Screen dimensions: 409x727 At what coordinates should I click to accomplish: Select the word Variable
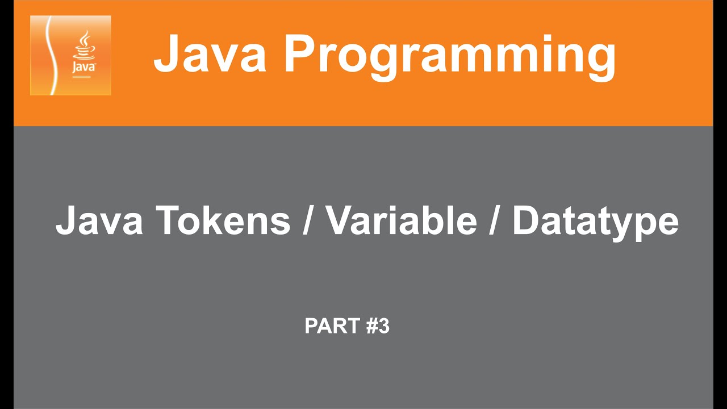tap(401, 221)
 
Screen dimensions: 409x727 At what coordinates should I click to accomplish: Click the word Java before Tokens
tap(99, 221)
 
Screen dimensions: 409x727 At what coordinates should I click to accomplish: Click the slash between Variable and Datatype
tap(495, 221)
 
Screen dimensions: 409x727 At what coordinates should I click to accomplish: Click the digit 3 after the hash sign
tap(384, 327)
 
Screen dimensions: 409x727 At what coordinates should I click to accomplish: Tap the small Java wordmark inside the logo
tap(84, 66)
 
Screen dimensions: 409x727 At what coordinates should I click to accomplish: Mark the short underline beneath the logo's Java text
tap(83, 74)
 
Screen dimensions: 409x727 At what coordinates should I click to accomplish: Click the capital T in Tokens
tap(169, 221)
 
